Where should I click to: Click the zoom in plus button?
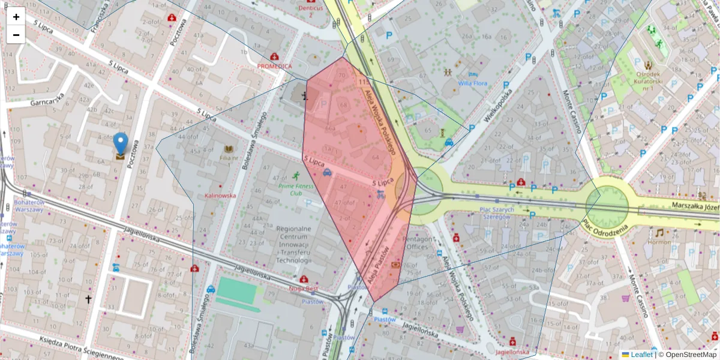(x=16, y=17)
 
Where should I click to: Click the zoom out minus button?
(x=16, y=35)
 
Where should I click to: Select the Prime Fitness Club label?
(x=295, y=190)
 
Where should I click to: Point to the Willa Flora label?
(x=472, y=83)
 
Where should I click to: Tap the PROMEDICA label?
(x=274, y=66)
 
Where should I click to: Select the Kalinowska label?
(x=220, y=196)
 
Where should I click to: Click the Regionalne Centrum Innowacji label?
(x=293, y=245)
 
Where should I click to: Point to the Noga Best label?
(x=304, y=289)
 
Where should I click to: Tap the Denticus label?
(x=311, y=8)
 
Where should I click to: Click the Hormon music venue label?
(x=659, y=242)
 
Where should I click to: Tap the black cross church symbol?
(x=89, y=298)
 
